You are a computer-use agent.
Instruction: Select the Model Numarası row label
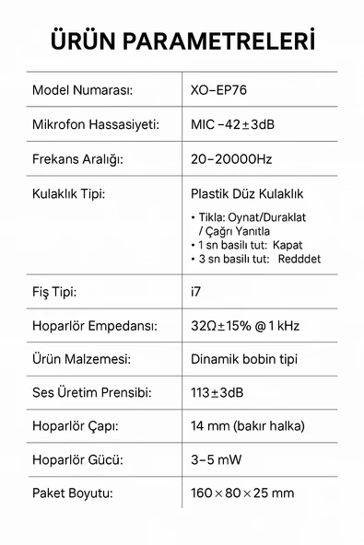pyautogui.click(x=83, y=90)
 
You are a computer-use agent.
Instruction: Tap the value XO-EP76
pyautogui.click(x=218, y=90)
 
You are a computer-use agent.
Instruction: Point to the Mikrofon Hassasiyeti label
pyautogui.click(x=97, y=124)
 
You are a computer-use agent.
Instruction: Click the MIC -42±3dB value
pyautogui.click(x=232, y=124)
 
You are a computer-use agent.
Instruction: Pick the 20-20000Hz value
pyautogui.click(x=231, y=158)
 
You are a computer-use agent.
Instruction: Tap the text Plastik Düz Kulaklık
pyautogui.click(x=246, y=194)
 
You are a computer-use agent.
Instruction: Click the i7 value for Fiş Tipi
pyautogui.click(x=195, y=293)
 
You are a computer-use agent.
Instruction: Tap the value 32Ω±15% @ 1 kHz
pyautogui.click(x=245, y=326)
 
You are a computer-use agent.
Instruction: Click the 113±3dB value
pyautogui.click(x=218, y=393)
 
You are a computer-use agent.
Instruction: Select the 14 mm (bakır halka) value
pyautogui.click(x=247, y=426)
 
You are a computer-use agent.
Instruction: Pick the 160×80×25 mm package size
pyautogui.click(x=242, y=493)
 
